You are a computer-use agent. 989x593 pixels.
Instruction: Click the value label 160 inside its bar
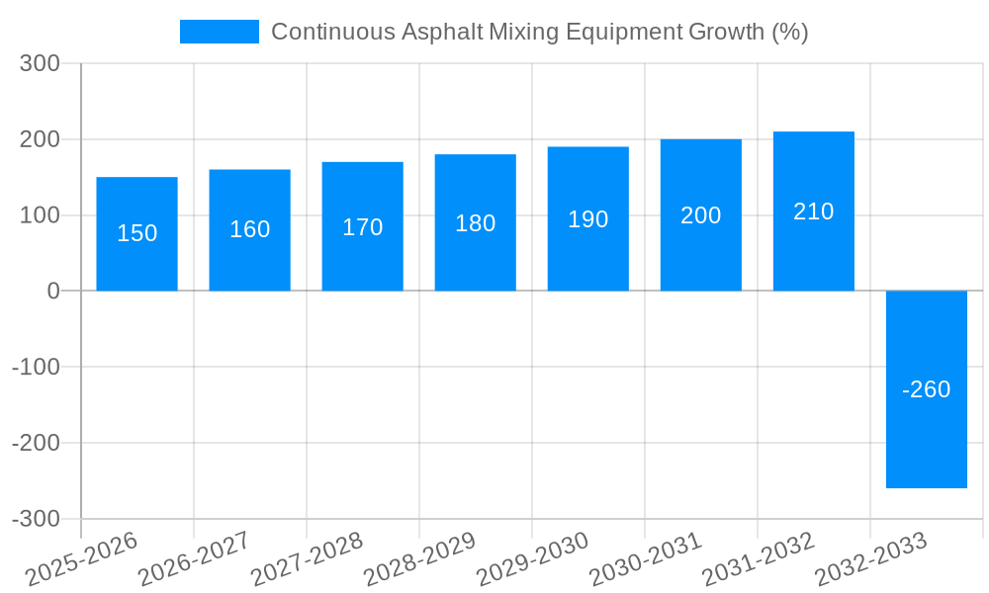(249, 229)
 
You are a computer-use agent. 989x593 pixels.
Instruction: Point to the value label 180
(475, 223)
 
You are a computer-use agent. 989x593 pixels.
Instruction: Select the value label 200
(700, 215)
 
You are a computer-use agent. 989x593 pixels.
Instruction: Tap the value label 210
(813, 212)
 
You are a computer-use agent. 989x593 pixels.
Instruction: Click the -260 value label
(926, 389)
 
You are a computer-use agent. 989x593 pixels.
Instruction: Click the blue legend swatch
(219, 32)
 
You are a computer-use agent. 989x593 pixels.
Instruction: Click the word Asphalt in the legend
(442, 32)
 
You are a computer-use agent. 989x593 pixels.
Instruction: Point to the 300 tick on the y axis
(41, 64)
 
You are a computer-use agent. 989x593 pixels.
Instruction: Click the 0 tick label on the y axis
(53, 292)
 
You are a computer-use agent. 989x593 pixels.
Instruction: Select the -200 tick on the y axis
(36, 443)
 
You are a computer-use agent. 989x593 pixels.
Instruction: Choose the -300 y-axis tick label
(36, 519)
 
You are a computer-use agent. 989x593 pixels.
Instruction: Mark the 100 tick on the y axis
(41, 215)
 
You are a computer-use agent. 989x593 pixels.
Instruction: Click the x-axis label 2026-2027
(193, 558)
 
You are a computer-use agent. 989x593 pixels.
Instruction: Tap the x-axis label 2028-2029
(418, 558)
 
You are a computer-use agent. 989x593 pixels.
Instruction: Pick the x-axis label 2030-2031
(644, 558)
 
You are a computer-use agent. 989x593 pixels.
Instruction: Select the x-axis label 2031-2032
(757, 558)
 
